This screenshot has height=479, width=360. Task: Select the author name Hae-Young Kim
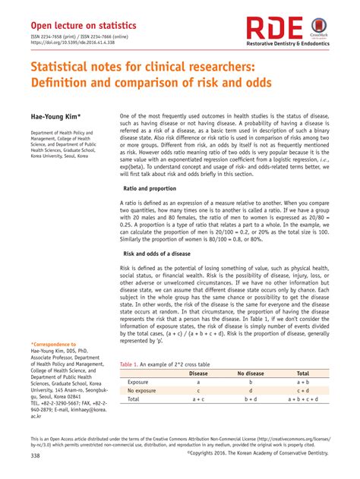[x=55, y=116]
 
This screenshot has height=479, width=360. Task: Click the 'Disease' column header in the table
[x=198, y=373]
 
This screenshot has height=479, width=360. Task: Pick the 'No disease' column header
[x=251, y=373]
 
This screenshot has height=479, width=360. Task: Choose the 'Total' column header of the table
[x=302, y=373]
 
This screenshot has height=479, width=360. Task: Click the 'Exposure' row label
[x=138, y=382]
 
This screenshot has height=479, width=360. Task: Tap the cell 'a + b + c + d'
[x=302, y=399]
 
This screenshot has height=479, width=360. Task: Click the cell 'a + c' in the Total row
[x=198, y=399]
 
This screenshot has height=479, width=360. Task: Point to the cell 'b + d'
[x=251, y=399]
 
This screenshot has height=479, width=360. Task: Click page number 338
[x=36, y=455]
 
